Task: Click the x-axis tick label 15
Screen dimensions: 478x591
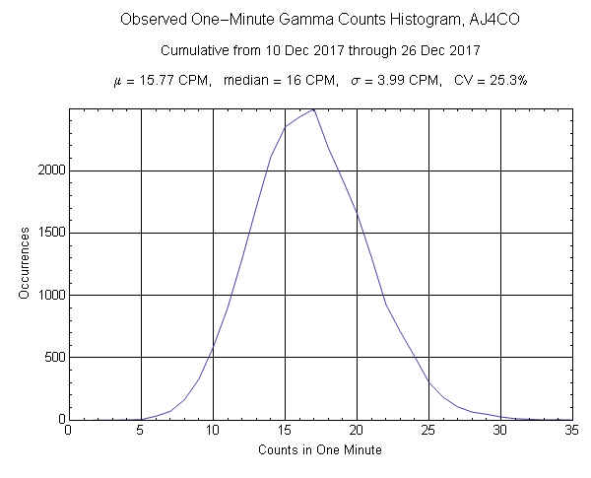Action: click(x=284, y=430)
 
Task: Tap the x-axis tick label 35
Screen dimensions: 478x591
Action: click(x=571, y=430)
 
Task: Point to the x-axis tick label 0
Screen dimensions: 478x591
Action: click(x=68, y=430)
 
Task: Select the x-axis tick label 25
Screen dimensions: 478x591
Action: click(x=427, y=430)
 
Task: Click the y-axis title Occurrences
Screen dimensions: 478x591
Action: click(x=24, y=263)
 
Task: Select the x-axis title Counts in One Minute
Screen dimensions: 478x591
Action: click(x=319, y=450)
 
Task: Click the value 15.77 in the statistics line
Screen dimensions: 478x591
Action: click(x=149, y=80)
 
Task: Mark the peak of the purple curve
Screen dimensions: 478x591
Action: click(x=313, y=109)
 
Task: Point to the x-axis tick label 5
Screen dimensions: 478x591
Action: click(x=140, y=430)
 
